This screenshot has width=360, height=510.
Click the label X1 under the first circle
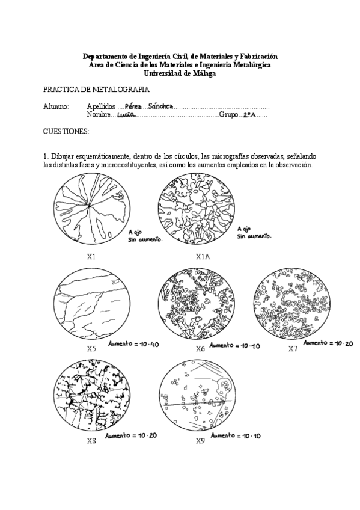[x=91, y=257]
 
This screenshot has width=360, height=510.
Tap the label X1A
[x=203, y=257]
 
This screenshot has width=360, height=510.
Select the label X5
[x=91, y=349]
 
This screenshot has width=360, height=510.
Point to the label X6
[x=200, y=349]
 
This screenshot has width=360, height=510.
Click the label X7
[x=293, y=349]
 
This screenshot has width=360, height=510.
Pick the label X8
[x=91, y=441]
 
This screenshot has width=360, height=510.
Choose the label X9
[x=200, y=441]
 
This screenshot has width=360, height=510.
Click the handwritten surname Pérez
[x=133, y=106]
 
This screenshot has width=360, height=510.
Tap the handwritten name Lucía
[x=126, y=115]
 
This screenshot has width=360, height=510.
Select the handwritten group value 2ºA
[x=249, y=115]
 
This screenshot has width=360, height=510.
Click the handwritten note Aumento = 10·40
[x=133, y=344]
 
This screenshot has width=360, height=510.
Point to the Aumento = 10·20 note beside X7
[x=328, y=343]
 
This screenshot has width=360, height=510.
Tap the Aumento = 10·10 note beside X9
[x=236, y=435]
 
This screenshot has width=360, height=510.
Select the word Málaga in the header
[x=204, y=73]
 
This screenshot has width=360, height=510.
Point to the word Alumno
[x=56, y=106]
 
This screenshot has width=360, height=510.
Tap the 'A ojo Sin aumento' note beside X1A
[x=254, y=233]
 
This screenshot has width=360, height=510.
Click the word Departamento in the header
[x=103, y=57]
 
